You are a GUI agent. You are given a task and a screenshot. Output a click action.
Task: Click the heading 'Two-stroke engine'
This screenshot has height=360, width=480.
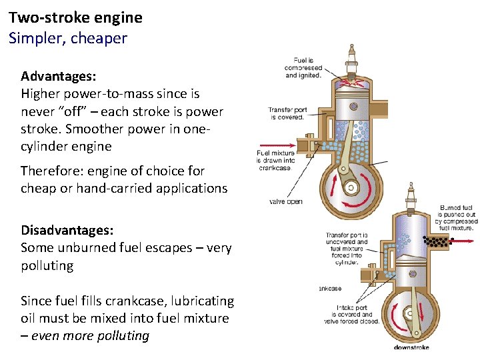click(x=75, y=17)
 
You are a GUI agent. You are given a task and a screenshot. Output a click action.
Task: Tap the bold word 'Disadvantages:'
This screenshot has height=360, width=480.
click(x=67, y=230)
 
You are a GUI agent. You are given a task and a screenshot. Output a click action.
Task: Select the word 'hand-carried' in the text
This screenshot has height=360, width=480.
click(x=115, y=188)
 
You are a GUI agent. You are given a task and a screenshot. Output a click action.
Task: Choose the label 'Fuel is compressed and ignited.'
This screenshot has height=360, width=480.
click(x=303, y=67)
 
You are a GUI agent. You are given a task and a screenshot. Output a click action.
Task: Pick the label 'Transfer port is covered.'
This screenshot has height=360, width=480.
click(x=287, y=113)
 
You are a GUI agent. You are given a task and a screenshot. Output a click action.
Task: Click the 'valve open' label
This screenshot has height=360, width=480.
click(x=285, y=201)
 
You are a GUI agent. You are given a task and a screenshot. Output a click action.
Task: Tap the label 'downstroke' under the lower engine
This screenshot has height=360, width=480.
click(x=411, y=347)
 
